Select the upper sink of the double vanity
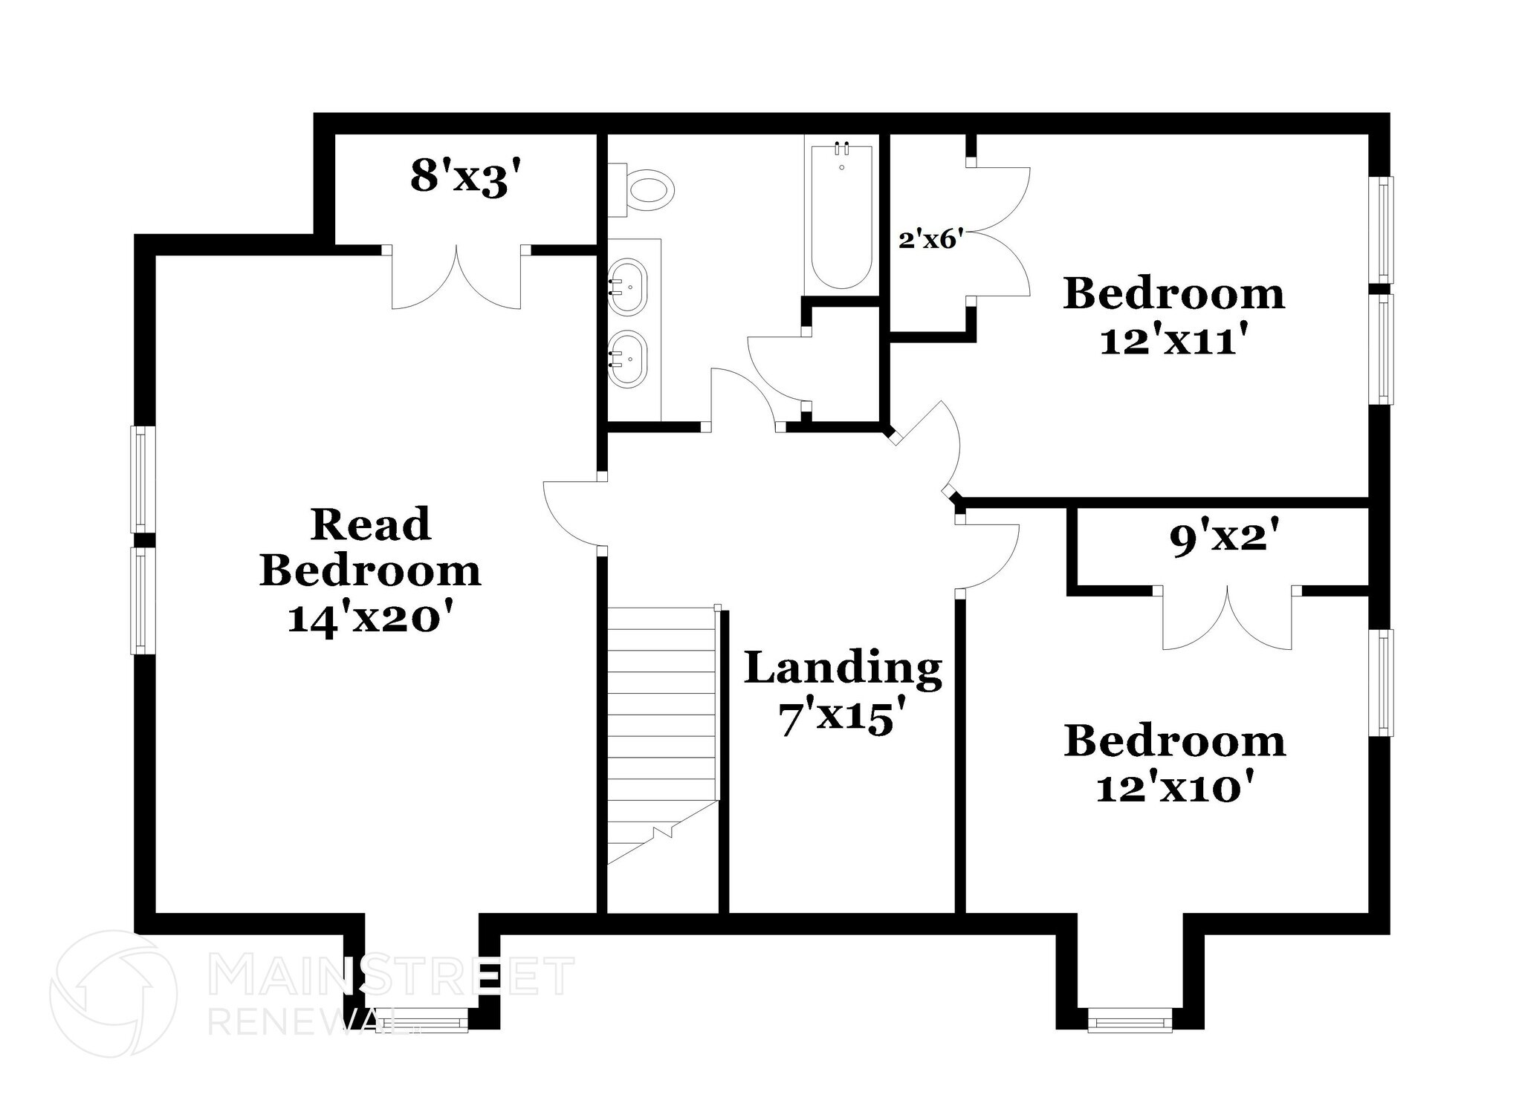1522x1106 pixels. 628,287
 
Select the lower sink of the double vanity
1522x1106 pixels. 628,359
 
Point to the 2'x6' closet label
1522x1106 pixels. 931,240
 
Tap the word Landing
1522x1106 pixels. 843,668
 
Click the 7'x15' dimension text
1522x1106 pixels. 843,718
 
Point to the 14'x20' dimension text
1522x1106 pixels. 370,617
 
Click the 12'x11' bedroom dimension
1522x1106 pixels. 1173,341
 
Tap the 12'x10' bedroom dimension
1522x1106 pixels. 1174,787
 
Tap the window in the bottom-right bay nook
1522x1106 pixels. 1130,1020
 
